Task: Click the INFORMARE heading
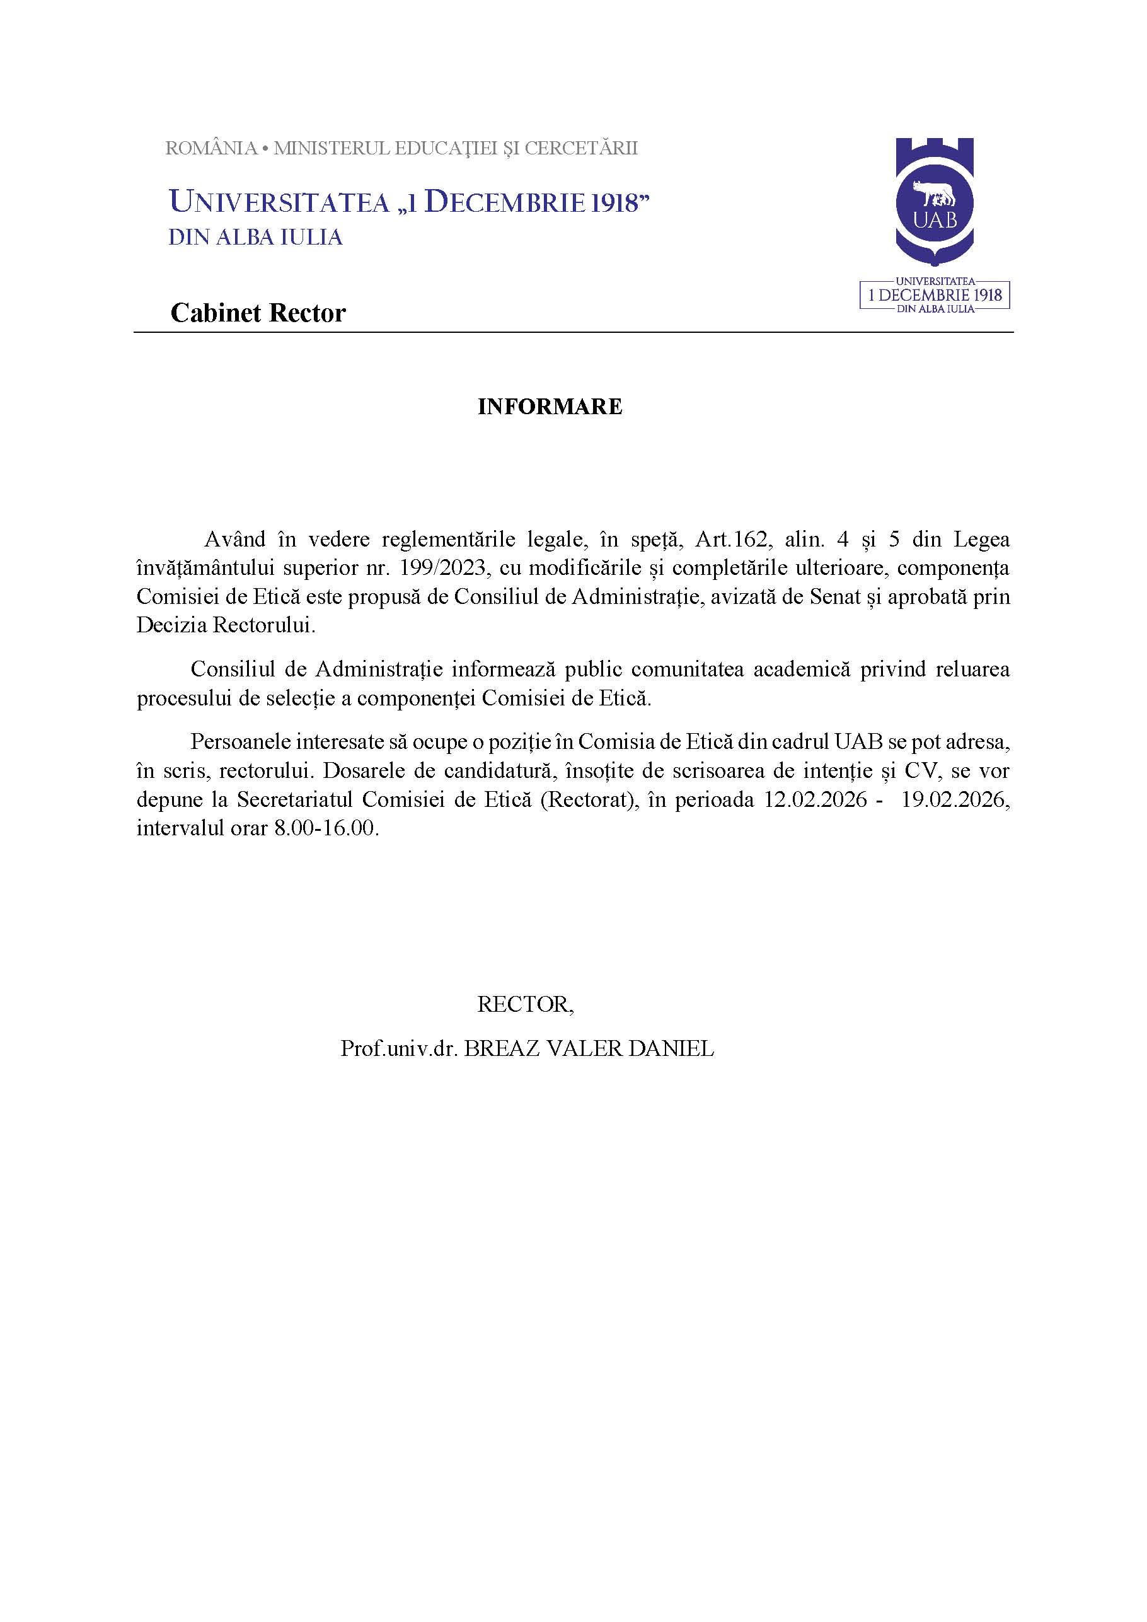pos(550,407)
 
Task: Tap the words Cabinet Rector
pos(258,313)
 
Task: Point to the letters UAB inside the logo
pos(935,220)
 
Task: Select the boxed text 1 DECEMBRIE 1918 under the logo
pos(935,294)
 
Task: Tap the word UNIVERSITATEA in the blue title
pos(280,203)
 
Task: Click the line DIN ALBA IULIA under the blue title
pos(255,238)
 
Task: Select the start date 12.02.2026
pos(815,799)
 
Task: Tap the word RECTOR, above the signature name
pos(526,1004)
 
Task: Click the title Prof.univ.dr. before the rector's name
pos(399,1048)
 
